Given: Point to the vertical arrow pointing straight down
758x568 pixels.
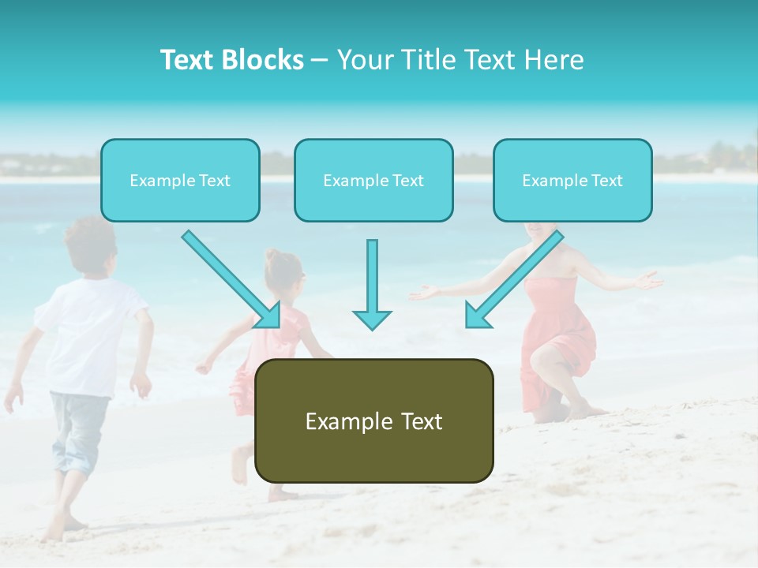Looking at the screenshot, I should pos(372,284).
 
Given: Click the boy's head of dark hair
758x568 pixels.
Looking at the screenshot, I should pos(89,241).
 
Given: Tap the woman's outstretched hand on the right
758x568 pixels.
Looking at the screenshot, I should pos(649,280).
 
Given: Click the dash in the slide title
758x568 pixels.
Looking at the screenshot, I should pos(320,60).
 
